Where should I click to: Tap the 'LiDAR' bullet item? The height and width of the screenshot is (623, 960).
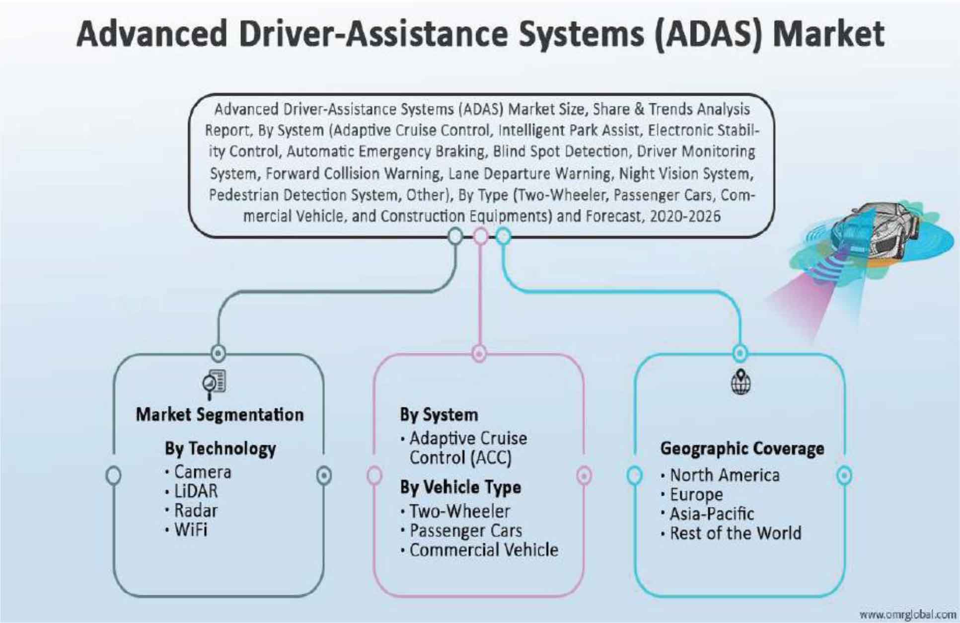click(196, 491)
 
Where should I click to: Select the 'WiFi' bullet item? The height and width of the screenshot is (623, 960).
click(191, 530)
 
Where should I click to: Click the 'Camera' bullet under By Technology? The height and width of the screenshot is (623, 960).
click(203, 472)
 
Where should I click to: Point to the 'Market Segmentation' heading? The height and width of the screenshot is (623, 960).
click(220, 415)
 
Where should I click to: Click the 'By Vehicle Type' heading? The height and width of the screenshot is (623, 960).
click(460, 487)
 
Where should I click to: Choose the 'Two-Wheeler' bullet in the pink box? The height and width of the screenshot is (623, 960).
click(459, 511)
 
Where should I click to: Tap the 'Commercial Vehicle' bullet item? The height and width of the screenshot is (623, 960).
click(484, 550)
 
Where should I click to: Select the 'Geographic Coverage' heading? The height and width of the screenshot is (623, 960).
click(742, 449)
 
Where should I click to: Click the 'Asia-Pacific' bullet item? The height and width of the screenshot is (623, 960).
click(712, 514)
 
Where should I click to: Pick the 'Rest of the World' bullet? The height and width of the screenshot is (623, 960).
click(736, 534)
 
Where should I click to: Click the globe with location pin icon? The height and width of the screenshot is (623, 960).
click(740, 383)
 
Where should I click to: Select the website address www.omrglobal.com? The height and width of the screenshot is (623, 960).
click(907, 615)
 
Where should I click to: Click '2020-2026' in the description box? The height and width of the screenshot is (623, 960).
click(685, 216)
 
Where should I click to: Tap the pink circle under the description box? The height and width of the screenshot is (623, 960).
click(480, 236)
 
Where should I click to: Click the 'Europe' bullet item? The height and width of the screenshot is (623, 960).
click(696, 495)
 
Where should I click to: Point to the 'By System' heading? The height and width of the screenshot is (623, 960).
click(439, 415)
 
